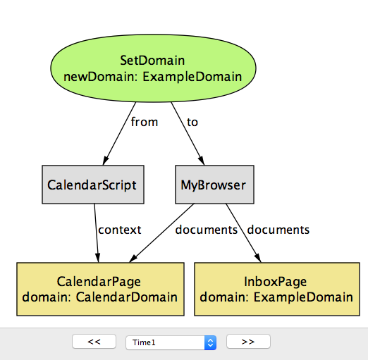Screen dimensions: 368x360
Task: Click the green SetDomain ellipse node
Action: click(153, 68)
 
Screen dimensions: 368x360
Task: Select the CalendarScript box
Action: click(93, 185)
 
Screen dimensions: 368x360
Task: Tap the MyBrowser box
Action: click(214, 185)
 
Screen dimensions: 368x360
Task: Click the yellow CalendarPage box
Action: click(100, 289)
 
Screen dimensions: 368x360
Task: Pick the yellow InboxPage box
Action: click(277, 289)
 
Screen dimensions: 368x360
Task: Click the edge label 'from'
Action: click(145, 122)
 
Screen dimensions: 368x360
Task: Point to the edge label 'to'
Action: click(192, 122)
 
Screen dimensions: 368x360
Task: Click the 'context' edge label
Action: click(120, 230)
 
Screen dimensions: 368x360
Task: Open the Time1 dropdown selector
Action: click(171, 342)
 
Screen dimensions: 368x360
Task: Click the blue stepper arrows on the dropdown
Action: click(210, 342)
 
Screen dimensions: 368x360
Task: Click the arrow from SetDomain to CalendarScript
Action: click(119, 134)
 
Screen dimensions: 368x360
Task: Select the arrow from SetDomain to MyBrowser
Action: click(188, 134)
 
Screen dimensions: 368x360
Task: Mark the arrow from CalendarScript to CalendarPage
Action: click(97, 233)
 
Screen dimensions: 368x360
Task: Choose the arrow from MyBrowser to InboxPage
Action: click(243, 233)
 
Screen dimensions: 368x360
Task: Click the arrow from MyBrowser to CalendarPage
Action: click(161, 233)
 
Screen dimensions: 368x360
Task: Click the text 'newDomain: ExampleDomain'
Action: click(153, 77)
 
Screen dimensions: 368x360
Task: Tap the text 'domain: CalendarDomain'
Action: click(100, 297)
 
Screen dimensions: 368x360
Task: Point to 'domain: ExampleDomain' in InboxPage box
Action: click(276, 297)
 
